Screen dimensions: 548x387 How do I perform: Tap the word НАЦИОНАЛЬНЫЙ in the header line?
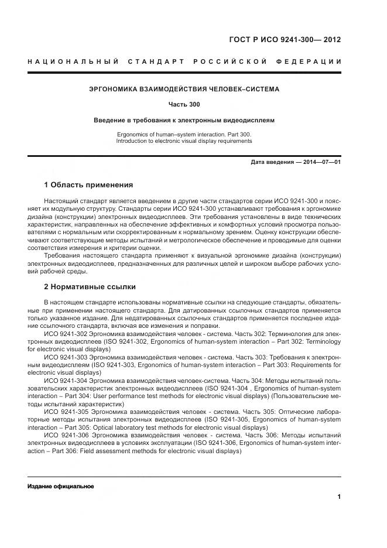tap(73, 61)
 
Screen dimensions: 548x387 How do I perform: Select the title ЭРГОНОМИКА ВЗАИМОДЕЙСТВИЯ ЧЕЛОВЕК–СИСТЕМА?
tap(184, 90)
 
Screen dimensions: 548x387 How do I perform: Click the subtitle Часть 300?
tap(184, 105)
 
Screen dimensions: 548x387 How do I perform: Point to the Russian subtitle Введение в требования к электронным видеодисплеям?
tap(184, 120)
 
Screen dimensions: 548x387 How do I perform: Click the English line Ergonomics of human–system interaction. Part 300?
tap(184, 135)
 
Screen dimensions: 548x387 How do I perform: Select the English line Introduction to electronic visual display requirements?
tap(184, 141)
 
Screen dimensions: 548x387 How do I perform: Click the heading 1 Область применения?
tap(88, 185)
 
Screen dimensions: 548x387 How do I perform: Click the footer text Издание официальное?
tap(60, 487)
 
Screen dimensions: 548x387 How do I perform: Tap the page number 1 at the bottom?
tap(339, 497)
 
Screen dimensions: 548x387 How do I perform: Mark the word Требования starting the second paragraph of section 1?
tap(63, 256)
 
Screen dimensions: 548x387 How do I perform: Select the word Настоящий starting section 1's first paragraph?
tap(63, 201)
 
